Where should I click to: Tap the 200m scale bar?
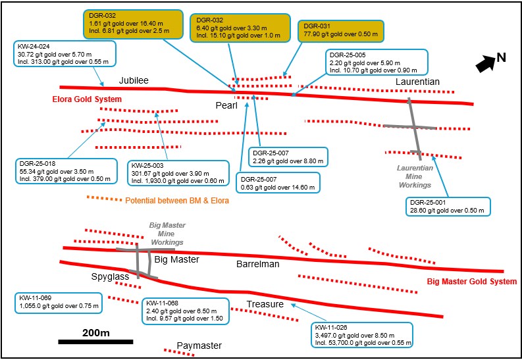click(x=95, y=342)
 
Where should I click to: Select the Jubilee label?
click(x=134, y=80)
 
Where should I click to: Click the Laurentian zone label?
click(x=417, y=81)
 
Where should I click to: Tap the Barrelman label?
click(x=258, y=264)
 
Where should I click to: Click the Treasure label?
click(x=265, y=304)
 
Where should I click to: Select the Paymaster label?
click(x=204, y=345)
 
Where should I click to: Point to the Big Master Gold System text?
click(x=472, y=282)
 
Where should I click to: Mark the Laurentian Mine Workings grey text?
click(x=414, y=177)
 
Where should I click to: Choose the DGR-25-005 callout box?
click(x=377, y=61)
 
